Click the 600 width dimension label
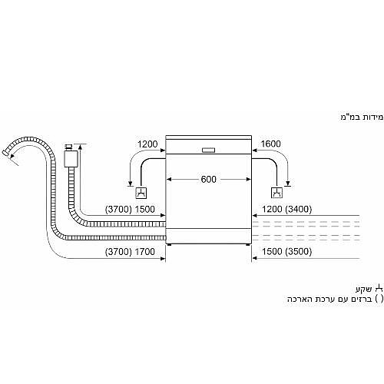pos(208,179)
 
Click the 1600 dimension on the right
pos(270,144)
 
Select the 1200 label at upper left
pos(147,144)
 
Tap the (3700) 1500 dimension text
pos(130,209)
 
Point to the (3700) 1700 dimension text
pos(130,252)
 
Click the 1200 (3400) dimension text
pos(287,209)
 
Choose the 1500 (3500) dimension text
pos(286,251)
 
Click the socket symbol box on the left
pos(141,193)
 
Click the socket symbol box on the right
pos(276,193)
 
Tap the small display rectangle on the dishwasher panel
pos(208,151)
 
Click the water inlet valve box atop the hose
pos(71,159)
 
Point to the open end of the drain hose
pos(5,152)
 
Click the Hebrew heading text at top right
pos(362,117)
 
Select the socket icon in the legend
pos(379,289)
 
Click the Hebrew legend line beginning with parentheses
pos(336,299)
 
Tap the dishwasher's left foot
pos(169,245)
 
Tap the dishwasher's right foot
pos(247,245)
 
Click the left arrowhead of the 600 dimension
pos(169,180)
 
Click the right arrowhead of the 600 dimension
pos(249,180)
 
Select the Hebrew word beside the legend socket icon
pos(364,290)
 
